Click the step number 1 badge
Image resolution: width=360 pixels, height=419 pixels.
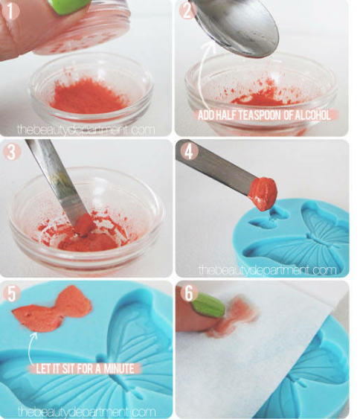10,10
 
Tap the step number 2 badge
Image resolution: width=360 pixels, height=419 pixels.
187,10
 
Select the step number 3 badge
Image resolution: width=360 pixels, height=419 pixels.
11,152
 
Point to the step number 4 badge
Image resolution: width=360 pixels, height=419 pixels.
189,152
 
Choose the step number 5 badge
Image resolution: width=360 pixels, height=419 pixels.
11,293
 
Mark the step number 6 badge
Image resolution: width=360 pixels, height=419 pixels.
189,293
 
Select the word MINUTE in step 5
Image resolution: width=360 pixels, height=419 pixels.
119,368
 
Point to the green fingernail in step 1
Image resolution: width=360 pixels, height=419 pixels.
70,6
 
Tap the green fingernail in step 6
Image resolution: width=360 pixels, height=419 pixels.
208,305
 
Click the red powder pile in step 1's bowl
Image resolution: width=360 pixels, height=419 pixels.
87,96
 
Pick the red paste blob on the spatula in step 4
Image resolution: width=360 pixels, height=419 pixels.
263,193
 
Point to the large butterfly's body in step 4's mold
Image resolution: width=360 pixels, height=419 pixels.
318,239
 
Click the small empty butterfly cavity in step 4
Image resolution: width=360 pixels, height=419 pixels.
269,219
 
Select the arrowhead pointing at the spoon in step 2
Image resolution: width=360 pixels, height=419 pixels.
210,45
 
